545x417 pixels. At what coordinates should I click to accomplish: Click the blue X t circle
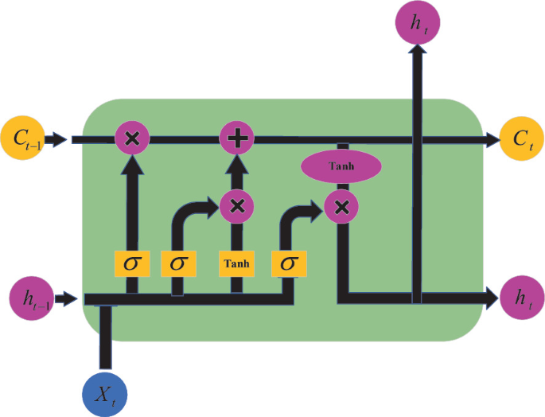pyautogui.click(x=104, y=393)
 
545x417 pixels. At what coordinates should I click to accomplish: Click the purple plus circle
pyautogui.click(x=236, y=139)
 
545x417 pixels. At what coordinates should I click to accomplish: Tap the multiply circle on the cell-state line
pyautogui.click(x=133, y=139)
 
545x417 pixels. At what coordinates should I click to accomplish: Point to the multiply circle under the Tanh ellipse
pyautogui.click(x=342, y=208)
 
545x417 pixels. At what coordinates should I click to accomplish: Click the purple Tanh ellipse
pyautogui.click(x=341, y=166)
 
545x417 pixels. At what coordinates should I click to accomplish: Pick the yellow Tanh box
pyautogui.click(x=236, y=263)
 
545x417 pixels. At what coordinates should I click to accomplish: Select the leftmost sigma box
pyautogui.click(x=132, y=263)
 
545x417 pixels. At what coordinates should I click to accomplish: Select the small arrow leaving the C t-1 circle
pyautogui.click(x=57, y=140)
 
